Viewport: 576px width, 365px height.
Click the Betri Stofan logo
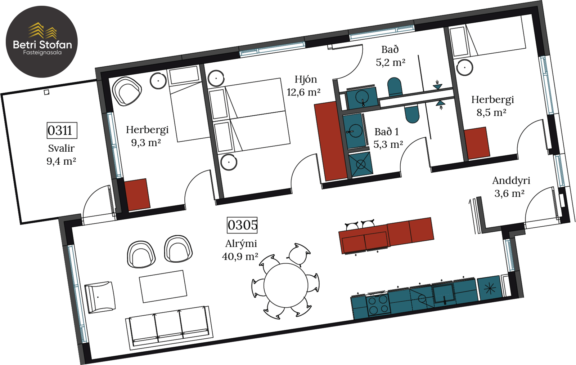click(42, 42)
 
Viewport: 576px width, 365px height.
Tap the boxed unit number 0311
click(62, 130)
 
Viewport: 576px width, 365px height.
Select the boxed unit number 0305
click(242, 225)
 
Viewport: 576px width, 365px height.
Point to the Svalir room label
click(61, 148)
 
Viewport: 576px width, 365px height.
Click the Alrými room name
click(241, 244)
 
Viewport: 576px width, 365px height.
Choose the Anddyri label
click(511, 181)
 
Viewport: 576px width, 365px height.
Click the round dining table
click(286, 285)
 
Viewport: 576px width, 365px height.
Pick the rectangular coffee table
click(163, 286)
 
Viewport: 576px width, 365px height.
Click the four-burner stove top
click(378, 305)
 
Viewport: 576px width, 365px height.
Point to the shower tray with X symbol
click(361, 164)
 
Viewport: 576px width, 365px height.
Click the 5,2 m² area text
click(390, 63)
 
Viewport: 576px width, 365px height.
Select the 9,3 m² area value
click(146, 143)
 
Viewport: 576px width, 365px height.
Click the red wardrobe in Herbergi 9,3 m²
click(137, 195)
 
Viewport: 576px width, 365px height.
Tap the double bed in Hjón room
click(249, 116)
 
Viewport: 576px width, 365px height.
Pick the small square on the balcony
click(46, 92)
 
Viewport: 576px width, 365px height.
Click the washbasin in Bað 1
click(354, 131)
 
